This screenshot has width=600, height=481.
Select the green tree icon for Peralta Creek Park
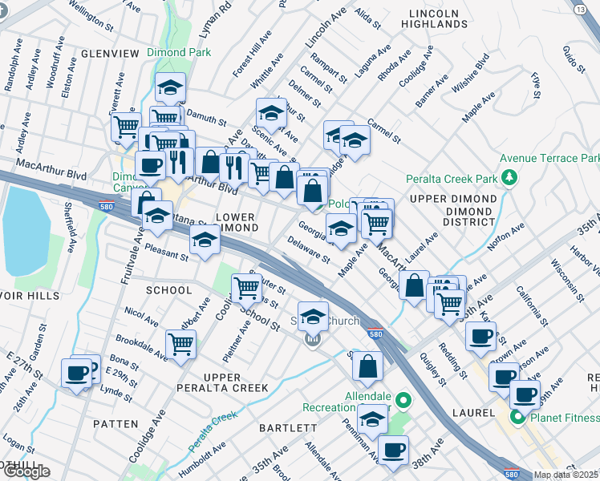point(508,176)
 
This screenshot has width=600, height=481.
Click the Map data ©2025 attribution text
point(566,475)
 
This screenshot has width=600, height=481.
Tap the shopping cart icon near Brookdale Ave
point(181,345)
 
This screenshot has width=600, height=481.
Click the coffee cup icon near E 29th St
point(78,374)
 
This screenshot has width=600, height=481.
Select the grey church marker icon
point(312,340)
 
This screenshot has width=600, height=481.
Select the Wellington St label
point(91,15)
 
